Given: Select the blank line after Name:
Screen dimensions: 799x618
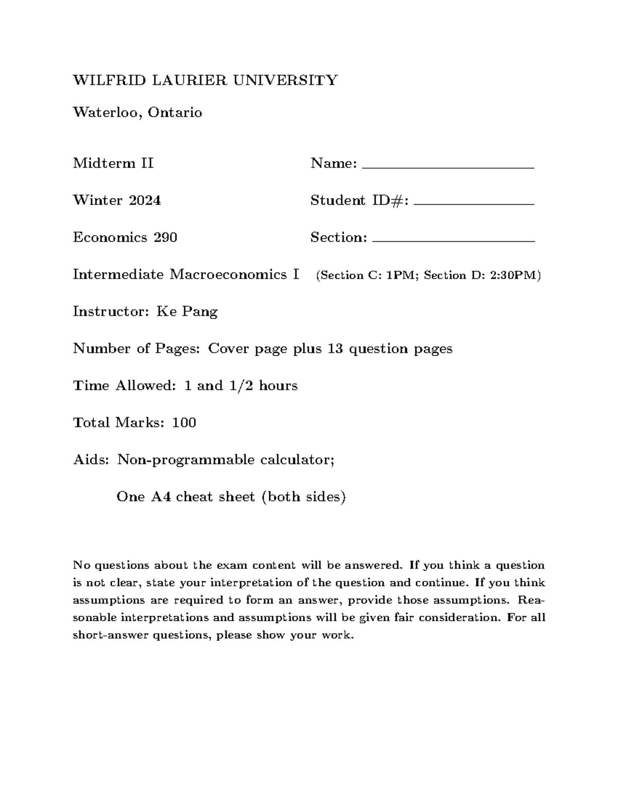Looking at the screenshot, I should [448, 167].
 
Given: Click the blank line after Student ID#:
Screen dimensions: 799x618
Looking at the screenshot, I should [474, 204].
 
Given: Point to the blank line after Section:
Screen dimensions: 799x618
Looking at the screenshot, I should [453, 241].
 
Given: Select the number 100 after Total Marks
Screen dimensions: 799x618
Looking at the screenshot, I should [184, 423].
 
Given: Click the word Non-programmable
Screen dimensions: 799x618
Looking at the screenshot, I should [186, 460].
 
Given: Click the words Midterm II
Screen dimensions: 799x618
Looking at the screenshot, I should [113, 164].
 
